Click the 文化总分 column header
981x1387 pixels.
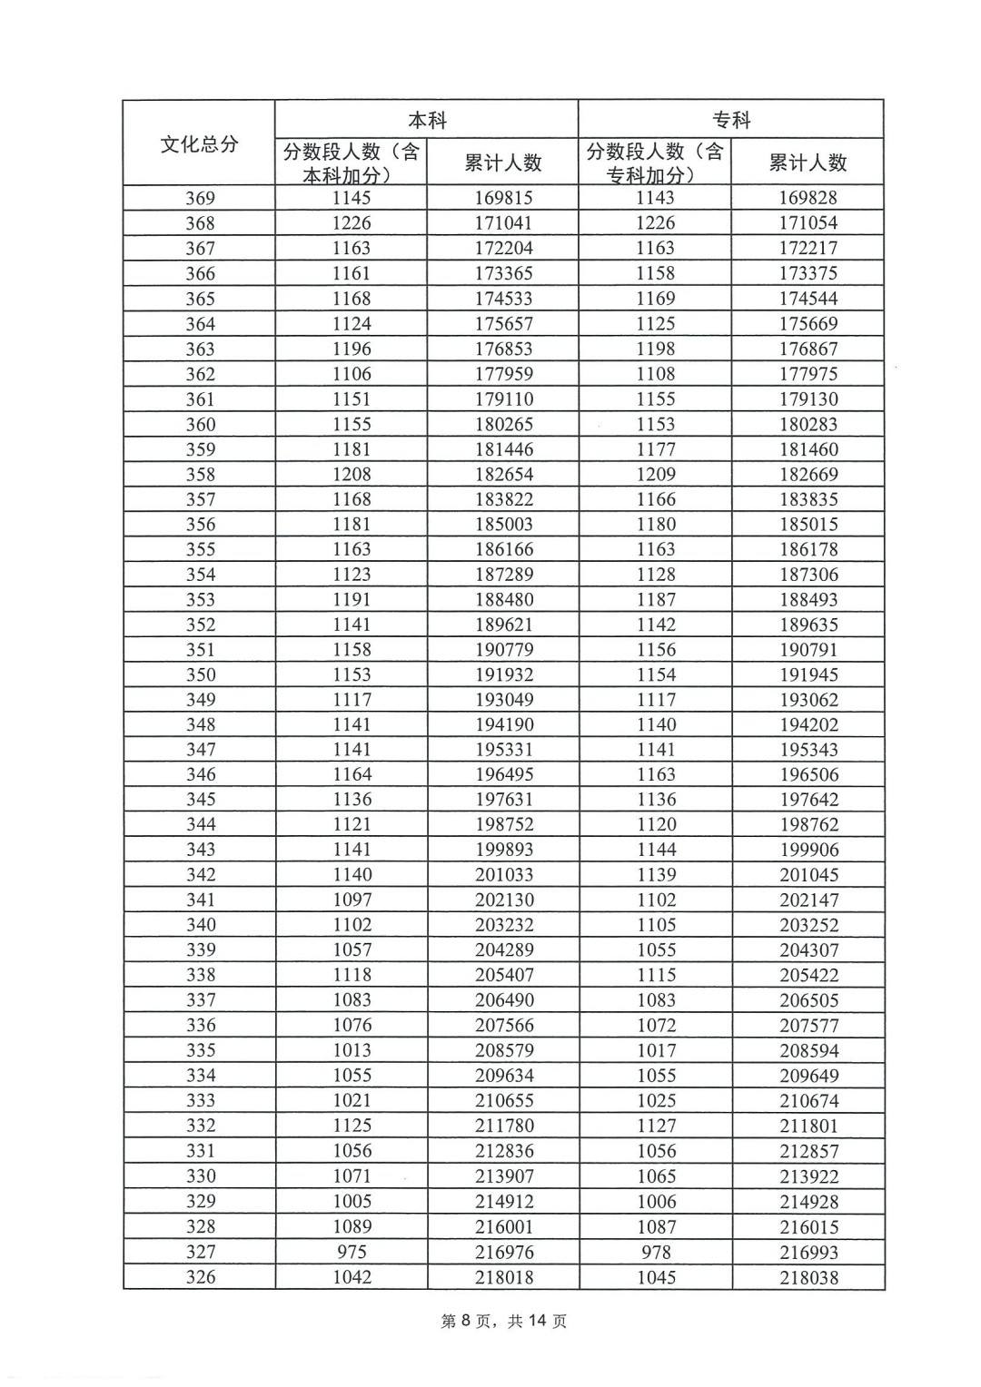click(x=199, y=143)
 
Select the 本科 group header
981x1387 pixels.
click(x=427, y=120)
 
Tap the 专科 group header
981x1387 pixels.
click(x=731, y=120)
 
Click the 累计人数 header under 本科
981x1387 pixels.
click(x=503, y=162)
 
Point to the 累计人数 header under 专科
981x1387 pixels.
click(x=808, y=162)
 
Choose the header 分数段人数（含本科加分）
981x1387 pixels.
click(x=352, y=162)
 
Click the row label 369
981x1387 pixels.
click(x=200, y=198)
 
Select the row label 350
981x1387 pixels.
click(x=200, y=674)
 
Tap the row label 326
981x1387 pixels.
click(x=200, y=1277)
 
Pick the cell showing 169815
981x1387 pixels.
click(x=503, y=198)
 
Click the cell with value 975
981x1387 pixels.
click(x=352, y=1252)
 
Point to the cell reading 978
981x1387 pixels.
click(x=656, y=1252)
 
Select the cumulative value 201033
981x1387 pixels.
click(x=503, y=875)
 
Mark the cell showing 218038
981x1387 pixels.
click(x=808, y=1277)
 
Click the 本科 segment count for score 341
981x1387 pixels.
click(x=352, y=900)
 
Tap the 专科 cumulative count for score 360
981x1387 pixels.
click(x=808, y=424)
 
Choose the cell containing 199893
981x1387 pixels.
click(x=503, y=850)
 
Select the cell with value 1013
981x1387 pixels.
click(x=352, y=1050)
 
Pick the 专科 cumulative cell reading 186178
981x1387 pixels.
click(x=808, y=549)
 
